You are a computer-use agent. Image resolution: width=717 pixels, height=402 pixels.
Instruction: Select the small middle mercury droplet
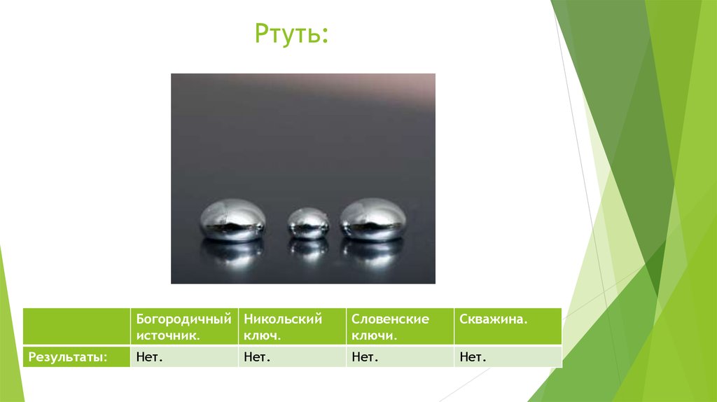click(309, 223)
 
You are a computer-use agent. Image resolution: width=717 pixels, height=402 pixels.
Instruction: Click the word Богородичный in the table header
click(183, 319)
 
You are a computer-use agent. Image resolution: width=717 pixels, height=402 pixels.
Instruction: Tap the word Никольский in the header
click(283, 319)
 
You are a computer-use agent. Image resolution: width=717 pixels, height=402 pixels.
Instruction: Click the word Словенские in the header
click(390, 319)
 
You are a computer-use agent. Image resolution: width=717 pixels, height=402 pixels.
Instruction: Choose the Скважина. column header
click(494, 319)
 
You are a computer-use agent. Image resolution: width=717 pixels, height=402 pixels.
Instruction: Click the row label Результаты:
click(67, 357)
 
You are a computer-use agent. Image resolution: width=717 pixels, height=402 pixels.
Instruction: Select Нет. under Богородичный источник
click(149, 357)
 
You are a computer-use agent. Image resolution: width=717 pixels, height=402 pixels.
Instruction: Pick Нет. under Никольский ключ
click(257, 357)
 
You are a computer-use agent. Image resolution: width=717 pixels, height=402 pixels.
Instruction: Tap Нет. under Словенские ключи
click(365, 357)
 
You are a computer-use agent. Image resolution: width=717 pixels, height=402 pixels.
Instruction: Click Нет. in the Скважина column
click(473, 357)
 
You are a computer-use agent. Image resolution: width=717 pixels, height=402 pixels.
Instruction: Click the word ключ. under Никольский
click(263, 335)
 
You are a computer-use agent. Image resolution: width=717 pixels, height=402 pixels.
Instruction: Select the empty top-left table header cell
click(76, 326)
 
